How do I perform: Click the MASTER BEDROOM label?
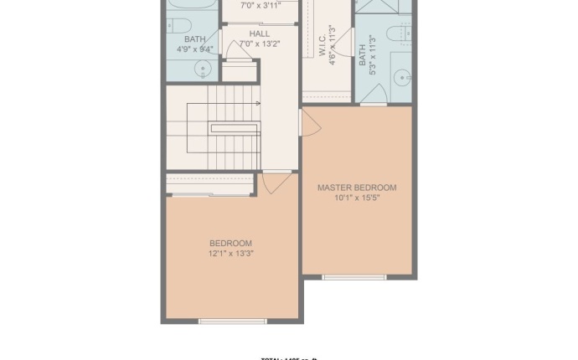(357, 188)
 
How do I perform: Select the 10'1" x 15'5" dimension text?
(357, 198)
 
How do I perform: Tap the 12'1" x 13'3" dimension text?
(231, 253)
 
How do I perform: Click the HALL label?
(260, 33)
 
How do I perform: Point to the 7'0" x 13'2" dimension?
(260, 44)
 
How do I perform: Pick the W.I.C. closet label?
(323, 46)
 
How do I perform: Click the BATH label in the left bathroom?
(194, 39)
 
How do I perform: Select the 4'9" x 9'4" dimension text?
(194, 49)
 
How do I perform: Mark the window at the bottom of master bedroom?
(354, 276)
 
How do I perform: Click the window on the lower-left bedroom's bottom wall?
(233, 321)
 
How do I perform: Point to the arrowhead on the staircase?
(258, 104)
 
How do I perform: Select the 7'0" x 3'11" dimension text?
(260, 5)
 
